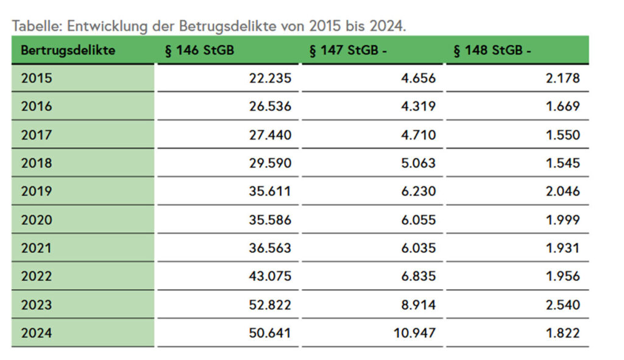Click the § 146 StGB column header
[x=199, y=51]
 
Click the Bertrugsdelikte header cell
[x=68, y=51]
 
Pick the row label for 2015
[x=37, y=78]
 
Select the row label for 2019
[x=37, y=191]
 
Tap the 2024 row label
[x=37, y=333]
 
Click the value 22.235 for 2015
[x=270, y=78]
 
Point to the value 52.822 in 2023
[x=270, y=305]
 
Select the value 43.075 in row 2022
[x=270, y=276]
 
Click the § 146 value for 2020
[x=270, y=220]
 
